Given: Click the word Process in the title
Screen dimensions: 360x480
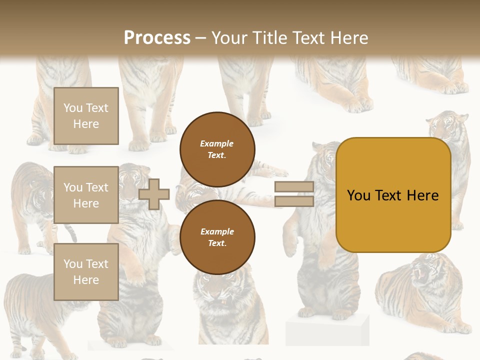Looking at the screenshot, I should click(157, 38).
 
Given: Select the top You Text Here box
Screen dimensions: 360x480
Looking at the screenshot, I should click(86, 116).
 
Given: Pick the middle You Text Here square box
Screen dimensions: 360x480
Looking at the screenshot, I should click(86, 195).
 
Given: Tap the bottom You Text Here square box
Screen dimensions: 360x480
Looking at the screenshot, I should click(86, 271).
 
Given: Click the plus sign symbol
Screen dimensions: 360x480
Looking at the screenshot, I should click(154, 194).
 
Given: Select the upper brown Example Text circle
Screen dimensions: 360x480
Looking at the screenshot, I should click(217, 149).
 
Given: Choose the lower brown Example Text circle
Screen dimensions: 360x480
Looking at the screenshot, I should click(217, 237).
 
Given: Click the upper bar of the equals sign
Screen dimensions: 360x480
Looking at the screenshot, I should click(294, 187).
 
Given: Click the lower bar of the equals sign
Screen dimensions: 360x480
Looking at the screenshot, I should click(294, 201).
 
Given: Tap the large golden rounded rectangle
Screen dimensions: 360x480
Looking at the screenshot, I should click(393, 220).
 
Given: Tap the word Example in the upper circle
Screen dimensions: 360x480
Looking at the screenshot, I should click(217, 143).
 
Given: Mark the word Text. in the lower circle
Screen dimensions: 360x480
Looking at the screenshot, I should click(217, 243).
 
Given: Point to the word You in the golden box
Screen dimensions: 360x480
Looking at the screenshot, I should click(359, 195).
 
